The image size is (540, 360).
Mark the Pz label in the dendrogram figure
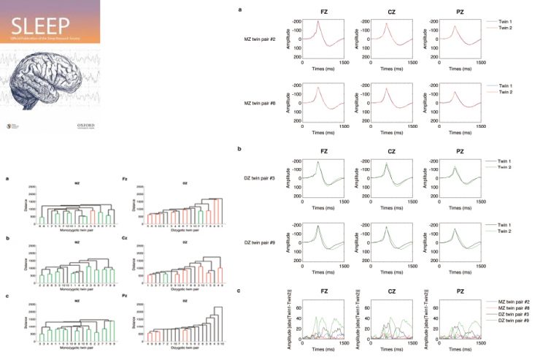tap(125, 296)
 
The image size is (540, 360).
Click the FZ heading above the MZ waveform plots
tap(321, 12)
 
